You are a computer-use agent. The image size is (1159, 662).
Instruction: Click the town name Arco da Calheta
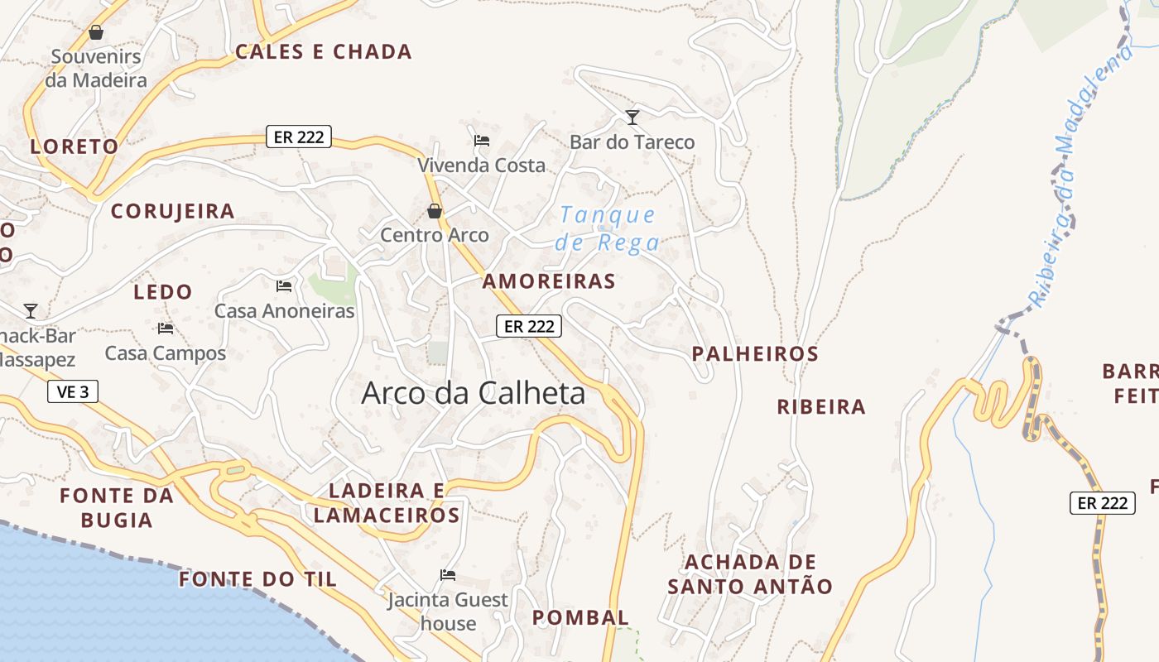pyautogui.click(x=473, y=393)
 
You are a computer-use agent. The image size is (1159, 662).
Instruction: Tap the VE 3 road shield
pyautogui.click(x=73, y=391)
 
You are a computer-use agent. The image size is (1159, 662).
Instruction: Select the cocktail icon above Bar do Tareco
pyautogui.click(x=632, y=118)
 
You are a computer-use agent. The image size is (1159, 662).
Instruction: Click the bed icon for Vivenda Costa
pyautogui.click(x=482, y=140)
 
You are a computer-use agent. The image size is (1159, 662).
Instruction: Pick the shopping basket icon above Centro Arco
pyautogui.click(x=435, y=211)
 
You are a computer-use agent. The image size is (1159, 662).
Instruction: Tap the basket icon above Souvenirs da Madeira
pyautogui.click(x=96, y=33)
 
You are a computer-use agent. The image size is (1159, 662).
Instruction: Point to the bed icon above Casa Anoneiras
pyautogui.click(x=284, y=286)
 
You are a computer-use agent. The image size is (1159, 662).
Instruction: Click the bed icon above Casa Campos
pyautogui.click(x=166, y=329)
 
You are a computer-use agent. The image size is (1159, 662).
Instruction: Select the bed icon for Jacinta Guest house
pyautogui.click(x=448, y=574)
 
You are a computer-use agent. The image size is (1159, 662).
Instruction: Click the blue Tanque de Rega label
pyautogui.click(x=608, y=228)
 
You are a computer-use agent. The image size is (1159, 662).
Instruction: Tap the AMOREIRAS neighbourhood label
pyautogui.click(x=549, y=281)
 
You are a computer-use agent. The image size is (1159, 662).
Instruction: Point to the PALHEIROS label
pyautogui.click(x=755, y=354)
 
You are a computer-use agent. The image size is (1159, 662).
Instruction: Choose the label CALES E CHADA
pyautogui.click(x=324, y=52)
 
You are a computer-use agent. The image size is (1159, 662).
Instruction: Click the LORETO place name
pyautogui.click(x=75, y=146)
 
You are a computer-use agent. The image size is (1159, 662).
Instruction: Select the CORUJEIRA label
pyautogui.click(x=173, y=211)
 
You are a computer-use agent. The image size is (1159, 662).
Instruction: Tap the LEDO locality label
pyautogui.click(x=163, y=292)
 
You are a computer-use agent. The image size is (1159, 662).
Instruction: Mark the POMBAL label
pyautogui.click(x=580, y=617)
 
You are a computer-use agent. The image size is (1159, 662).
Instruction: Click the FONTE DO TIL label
pyautogui.click(x=258, y=579)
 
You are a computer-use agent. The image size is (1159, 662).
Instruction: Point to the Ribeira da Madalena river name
pyautogui.click(x=1081, y=174)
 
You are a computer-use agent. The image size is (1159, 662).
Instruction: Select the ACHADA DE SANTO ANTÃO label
pyautogui.click(x=750, y=574)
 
